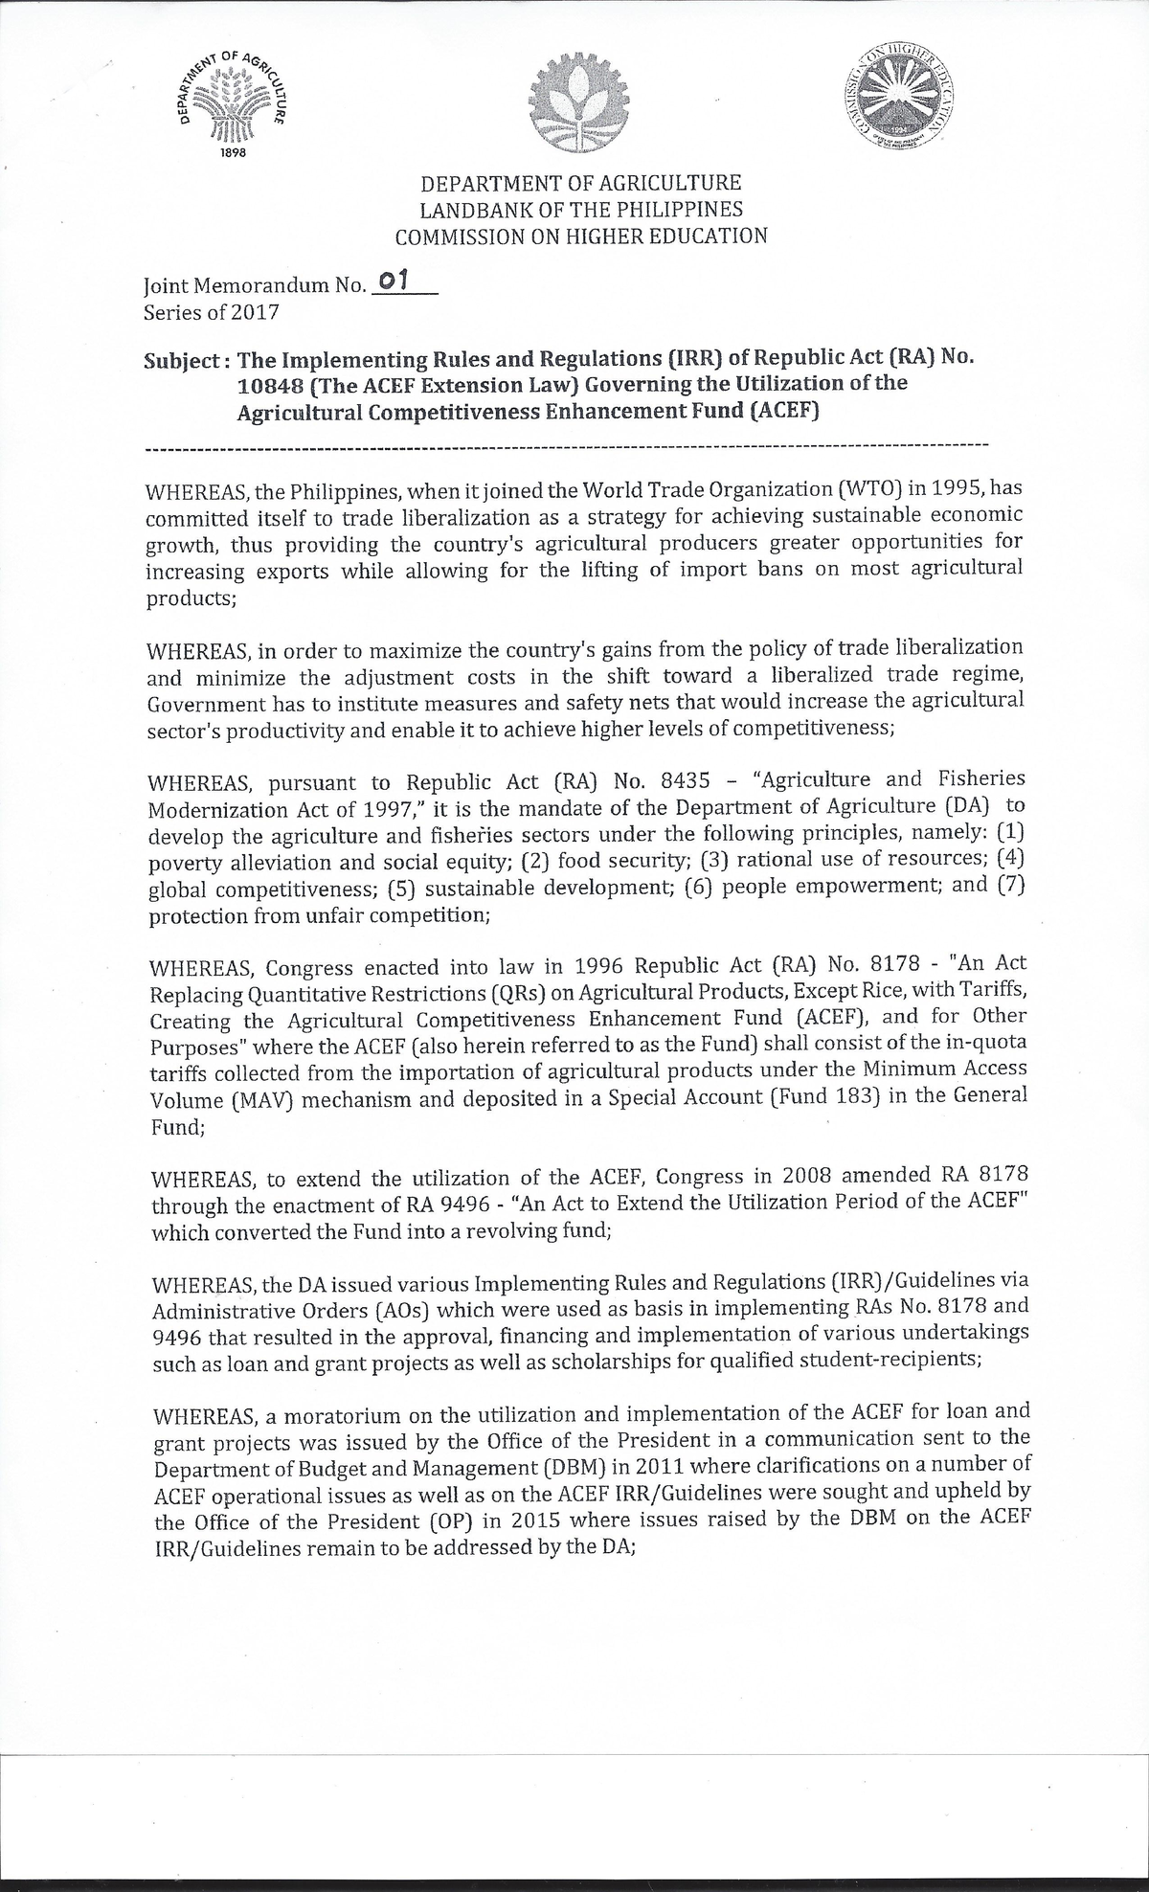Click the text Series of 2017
click(211, 311)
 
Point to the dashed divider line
click(565, 446)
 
